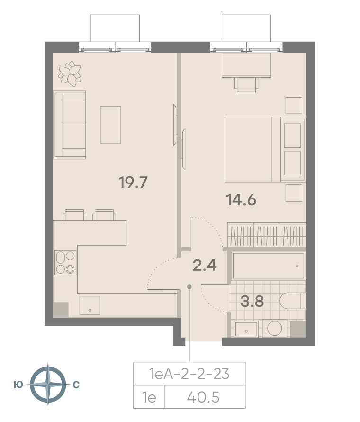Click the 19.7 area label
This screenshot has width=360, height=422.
[x=133, y=182]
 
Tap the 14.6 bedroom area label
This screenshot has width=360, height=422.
[x=241, y=200]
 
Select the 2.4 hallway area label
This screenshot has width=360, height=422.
[x=205, y=265]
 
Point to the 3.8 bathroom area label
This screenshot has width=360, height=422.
[x=252, y=301]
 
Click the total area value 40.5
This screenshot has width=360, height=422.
[x=203, y=397]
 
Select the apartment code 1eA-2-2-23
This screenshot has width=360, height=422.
[x=189, y=374]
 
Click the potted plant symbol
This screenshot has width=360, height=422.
[x=70, y=73]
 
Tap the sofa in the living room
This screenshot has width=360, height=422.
[x=70, y=125]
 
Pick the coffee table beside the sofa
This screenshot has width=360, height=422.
[x=110, y=125]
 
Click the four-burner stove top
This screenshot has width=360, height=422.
[x=65, y=262]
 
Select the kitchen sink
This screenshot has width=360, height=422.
[x=90, y=305]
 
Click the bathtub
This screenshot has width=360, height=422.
[x=268, y=266]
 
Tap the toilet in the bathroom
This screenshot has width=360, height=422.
[x=293, y=301]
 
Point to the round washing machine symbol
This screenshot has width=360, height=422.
[x=275, y=328]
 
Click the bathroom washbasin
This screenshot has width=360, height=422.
[x=246, y=329]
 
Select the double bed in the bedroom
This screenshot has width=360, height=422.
[x=265, y=149]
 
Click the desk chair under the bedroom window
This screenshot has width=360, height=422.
[x=246, y=85]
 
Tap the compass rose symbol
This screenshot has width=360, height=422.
[x=48, y=385]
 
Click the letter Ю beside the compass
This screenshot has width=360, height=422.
[x=18, y=385]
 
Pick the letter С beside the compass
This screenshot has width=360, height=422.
[x=76, y=385]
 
